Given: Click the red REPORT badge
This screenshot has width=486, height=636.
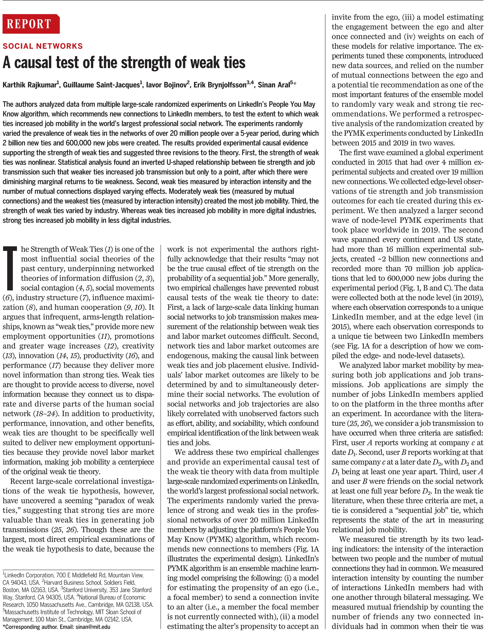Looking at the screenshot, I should (31, 24).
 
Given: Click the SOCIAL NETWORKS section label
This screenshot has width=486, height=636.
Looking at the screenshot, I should (43, 46).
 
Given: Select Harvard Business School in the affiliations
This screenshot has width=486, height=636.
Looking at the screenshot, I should (72, 583).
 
